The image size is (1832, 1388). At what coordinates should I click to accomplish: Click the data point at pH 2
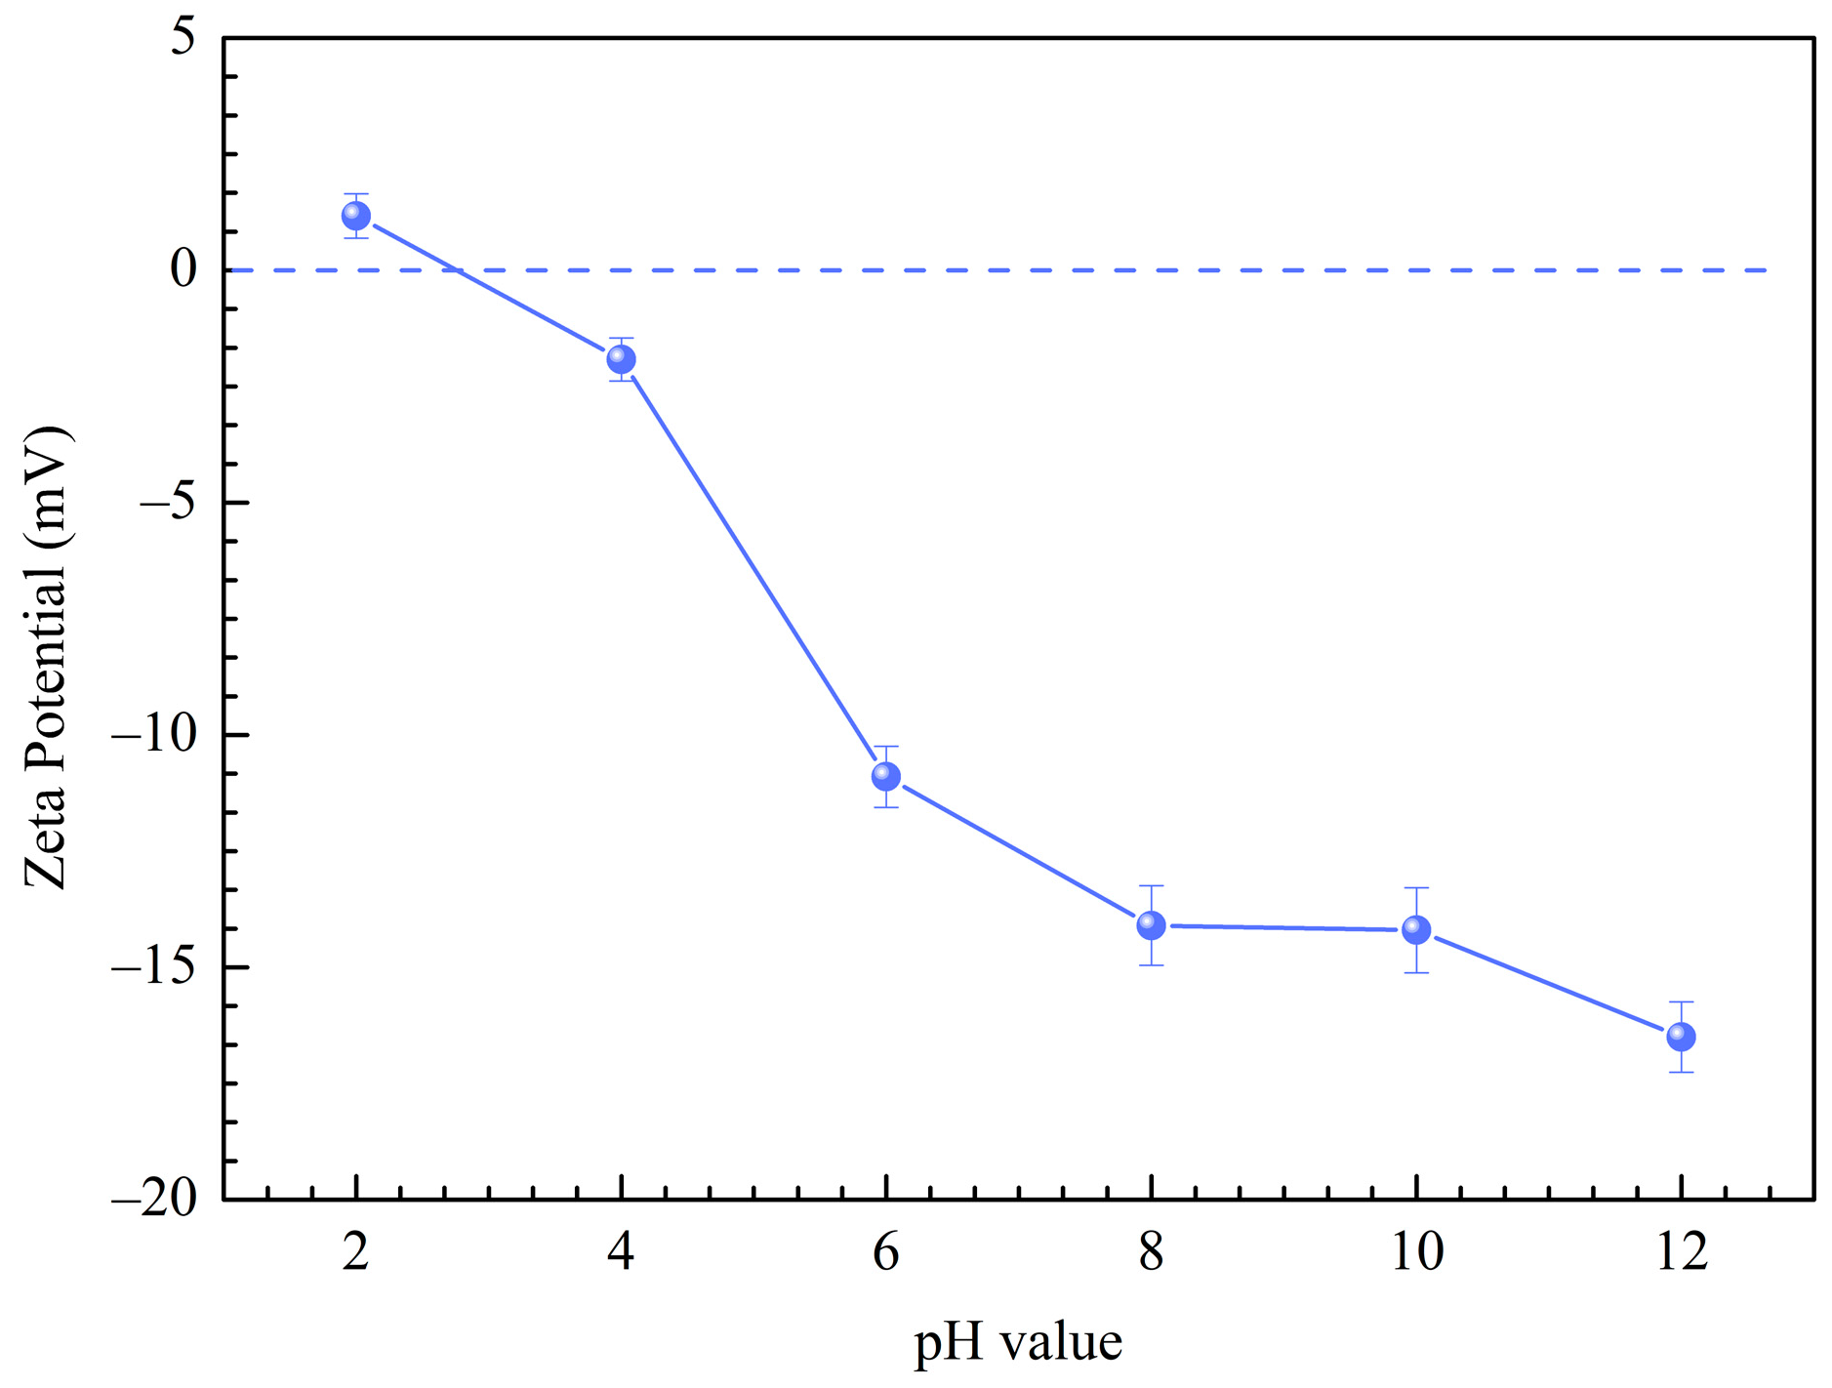coord(356,216)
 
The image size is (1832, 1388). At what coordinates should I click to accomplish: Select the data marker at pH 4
coord(621,359)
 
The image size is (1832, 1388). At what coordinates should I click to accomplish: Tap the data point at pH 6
coord(885,776)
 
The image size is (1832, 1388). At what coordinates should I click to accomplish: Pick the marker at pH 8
coord(1151,924)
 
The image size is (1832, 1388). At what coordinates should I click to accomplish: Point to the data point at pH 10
coord(1416,929)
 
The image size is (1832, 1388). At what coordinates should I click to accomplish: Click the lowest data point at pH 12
coord(1681,1036)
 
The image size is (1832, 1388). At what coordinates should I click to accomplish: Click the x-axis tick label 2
coord(356,1250)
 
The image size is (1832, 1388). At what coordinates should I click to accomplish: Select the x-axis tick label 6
coord(885,1250)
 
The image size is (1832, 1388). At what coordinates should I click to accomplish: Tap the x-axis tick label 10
coord(1416,1250)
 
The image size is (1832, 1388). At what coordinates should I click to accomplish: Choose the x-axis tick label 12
coord(1681,1250)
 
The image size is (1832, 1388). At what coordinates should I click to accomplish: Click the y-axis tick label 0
coord(183,269)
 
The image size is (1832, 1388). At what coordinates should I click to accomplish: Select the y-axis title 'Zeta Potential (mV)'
coord(47,656)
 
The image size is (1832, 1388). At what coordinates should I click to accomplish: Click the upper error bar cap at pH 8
coord(1151,885)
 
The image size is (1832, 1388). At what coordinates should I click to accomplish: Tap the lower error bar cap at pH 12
coord(1681,1072)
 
